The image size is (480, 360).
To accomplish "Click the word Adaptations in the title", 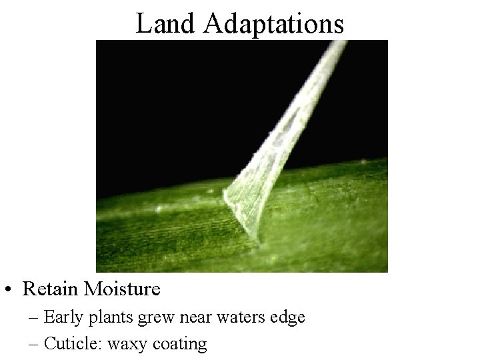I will (x=274, y=25).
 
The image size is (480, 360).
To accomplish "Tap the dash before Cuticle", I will (x=34, y=345).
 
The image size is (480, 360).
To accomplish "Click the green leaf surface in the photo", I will (x=167, y=233).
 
